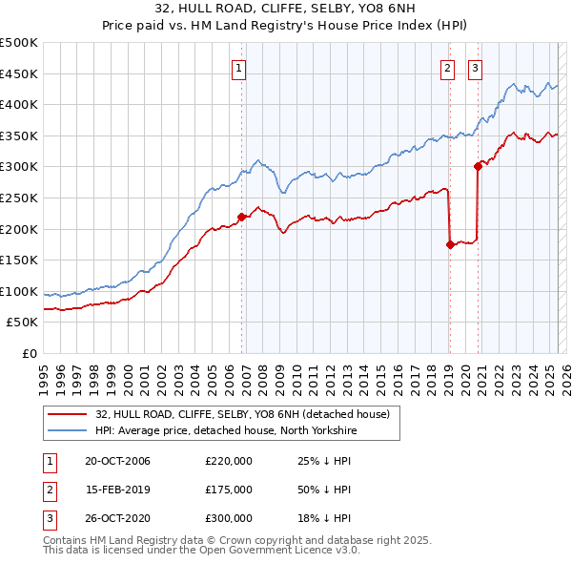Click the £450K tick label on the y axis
[19, 73]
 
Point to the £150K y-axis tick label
[19, 260]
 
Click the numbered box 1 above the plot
[237, 67]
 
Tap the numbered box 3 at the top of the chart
[475, 67]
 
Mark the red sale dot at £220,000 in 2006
[241, 217]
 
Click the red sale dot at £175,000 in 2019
[449, 244]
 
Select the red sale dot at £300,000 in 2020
[478, 166]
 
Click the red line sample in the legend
[67, 415]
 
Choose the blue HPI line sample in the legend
[67, 431]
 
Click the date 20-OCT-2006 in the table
[117, 461]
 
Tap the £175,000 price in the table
[229, 490]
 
